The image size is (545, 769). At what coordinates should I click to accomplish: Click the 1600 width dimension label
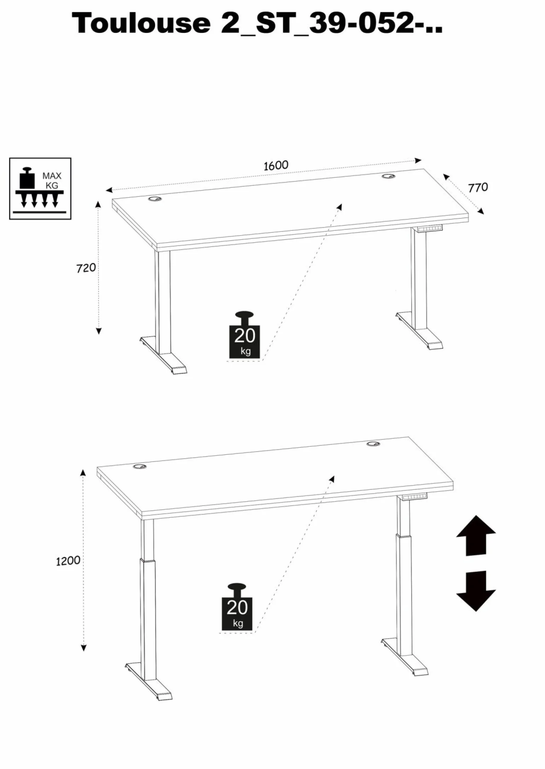point(276,165)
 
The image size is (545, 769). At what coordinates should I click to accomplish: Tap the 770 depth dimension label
point(478,187)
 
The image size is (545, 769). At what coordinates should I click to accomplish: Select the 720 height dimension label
point(86,268)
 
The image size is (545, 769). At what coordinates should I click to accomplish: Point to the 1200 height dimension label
point(68,560)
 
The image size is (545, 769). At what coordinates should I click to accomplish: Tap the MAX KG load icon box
point(40,189)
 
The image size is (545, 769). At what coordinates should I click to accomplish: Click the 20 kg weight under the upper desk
point(245,335)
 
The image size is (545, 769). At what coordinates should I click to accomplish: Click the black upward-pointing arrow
point(476,536)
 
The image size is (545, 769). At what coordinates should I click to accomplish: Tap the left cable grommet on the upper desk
point(154,200)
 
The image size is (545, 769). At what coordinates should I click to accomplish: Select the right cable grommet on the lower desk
point(373,444)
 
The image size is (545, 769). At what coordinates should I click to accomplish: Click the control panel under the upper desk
point(430,229)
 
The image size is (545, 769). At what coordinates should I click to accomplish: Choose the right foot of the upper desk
point(419,331)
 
